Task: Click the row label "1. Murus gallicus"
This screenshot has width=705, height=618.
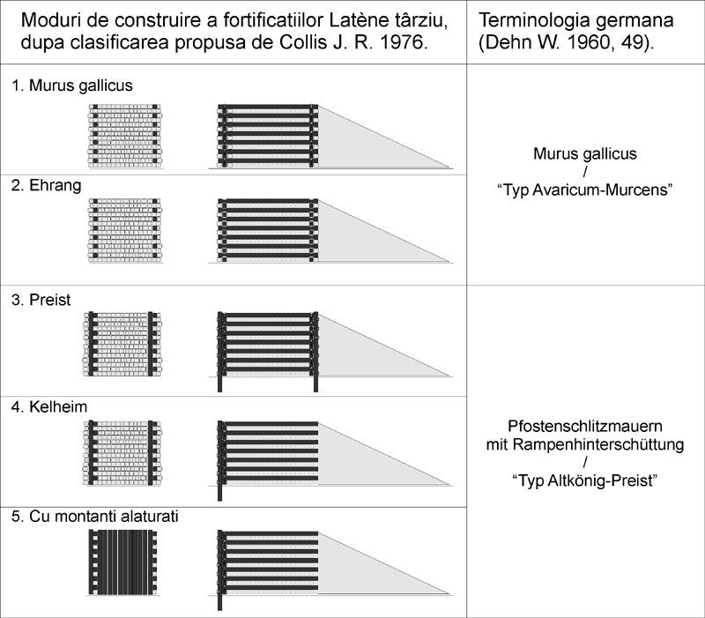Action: [72, 86]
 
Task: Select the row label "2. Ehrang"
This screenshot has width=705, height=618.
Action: [47, 185]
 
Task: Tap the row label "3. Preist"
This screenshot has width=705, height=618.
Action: [41, 300]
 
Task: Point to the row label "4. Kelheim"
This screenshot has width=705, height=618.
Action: [49, 406]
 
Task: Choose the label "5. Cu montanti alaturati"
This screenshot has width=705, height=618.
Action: [95, 516]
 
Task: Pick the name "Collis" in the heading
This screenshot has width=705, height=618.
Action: [302, 42]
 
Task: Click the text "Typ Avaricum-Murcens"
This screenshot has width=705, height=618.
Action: [585, 190]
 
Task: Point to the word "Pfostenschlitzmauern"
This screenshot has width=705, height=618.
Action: [585, 426]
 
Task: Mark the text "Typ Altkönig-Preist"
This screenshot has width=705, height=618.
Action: [585, 480]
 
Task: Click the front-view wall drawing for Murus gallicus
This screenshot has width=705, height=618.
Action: [125, 137]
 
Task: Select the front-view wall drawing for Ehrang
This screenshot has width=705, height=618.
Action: [125, 230]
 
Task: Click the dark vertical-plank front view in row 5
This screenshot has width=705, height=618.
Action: [122, 562]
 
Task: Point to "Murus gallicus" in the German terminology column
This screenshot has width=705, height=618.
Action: [585, 153]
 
